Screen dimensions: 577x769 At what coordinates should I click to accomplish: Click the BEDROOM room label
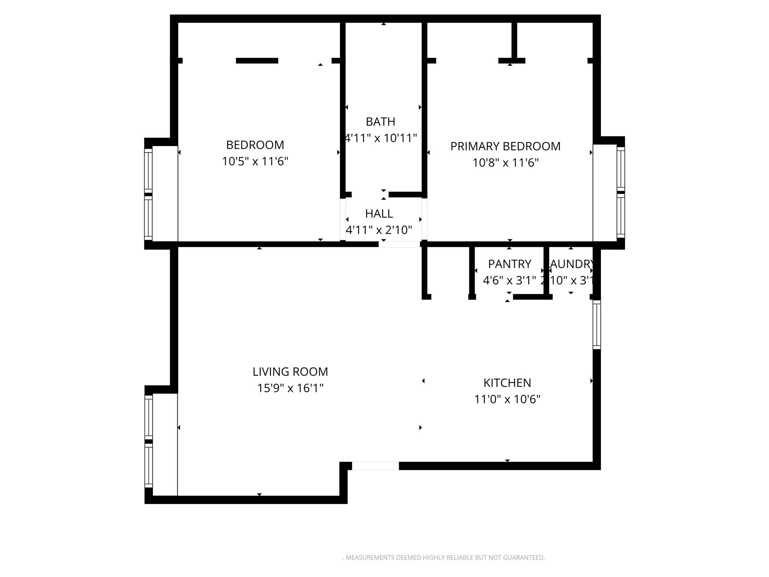click(x=255, y=145)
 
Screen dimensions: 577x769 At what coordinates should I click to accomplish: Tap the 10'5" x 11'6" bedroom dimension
click(x=255, y=162)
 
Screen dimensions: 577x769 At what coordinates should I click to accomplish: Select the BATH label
click(x=380, y=122)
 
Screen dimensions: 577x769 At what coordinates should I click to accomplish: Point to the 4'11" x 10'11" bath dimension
click(x=381, y=138)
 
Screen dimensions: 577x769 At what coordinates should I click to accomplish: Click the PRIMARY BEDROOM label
click(x=505, y=146)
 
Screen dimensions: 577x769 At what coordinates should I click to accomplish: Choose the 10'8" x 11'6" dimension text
click(x=505, y=163)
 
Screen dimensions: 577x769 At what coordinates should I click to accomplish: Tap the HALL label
click(x=379, y=214)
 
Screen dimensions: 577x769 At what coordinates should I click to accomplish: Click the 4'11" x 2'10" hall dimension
click(x=379, y=230)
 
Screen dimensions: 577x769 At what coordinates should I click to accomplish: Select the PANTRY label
click(x=510, y=264)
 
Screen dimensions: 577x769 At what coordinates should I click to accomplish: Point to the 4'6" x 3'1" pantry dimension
click(x=509, y=280)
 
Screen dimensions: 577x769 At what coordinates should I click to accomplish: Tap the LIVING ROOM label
click(x=290, y=372)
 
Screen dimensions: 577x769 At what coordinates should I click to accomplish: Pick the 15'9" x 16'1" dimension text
click(x=290, y=388)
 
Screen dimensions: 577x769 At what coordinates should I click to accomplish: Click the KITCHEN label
click(x=507, y=383)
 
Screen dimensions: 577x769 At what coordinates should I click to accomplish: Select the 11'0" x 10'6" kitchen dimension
click(x=507, y=399)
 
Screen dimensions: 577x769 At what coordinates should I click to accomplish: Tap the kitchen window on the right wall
click(x=597, y=325)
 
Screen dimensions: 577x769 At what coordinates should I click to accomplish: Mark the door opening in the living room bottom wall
click(x=375, y=466)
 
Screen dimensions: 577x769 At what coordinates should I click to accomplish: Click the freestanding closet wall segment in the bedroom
click(x=257, y=60)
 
